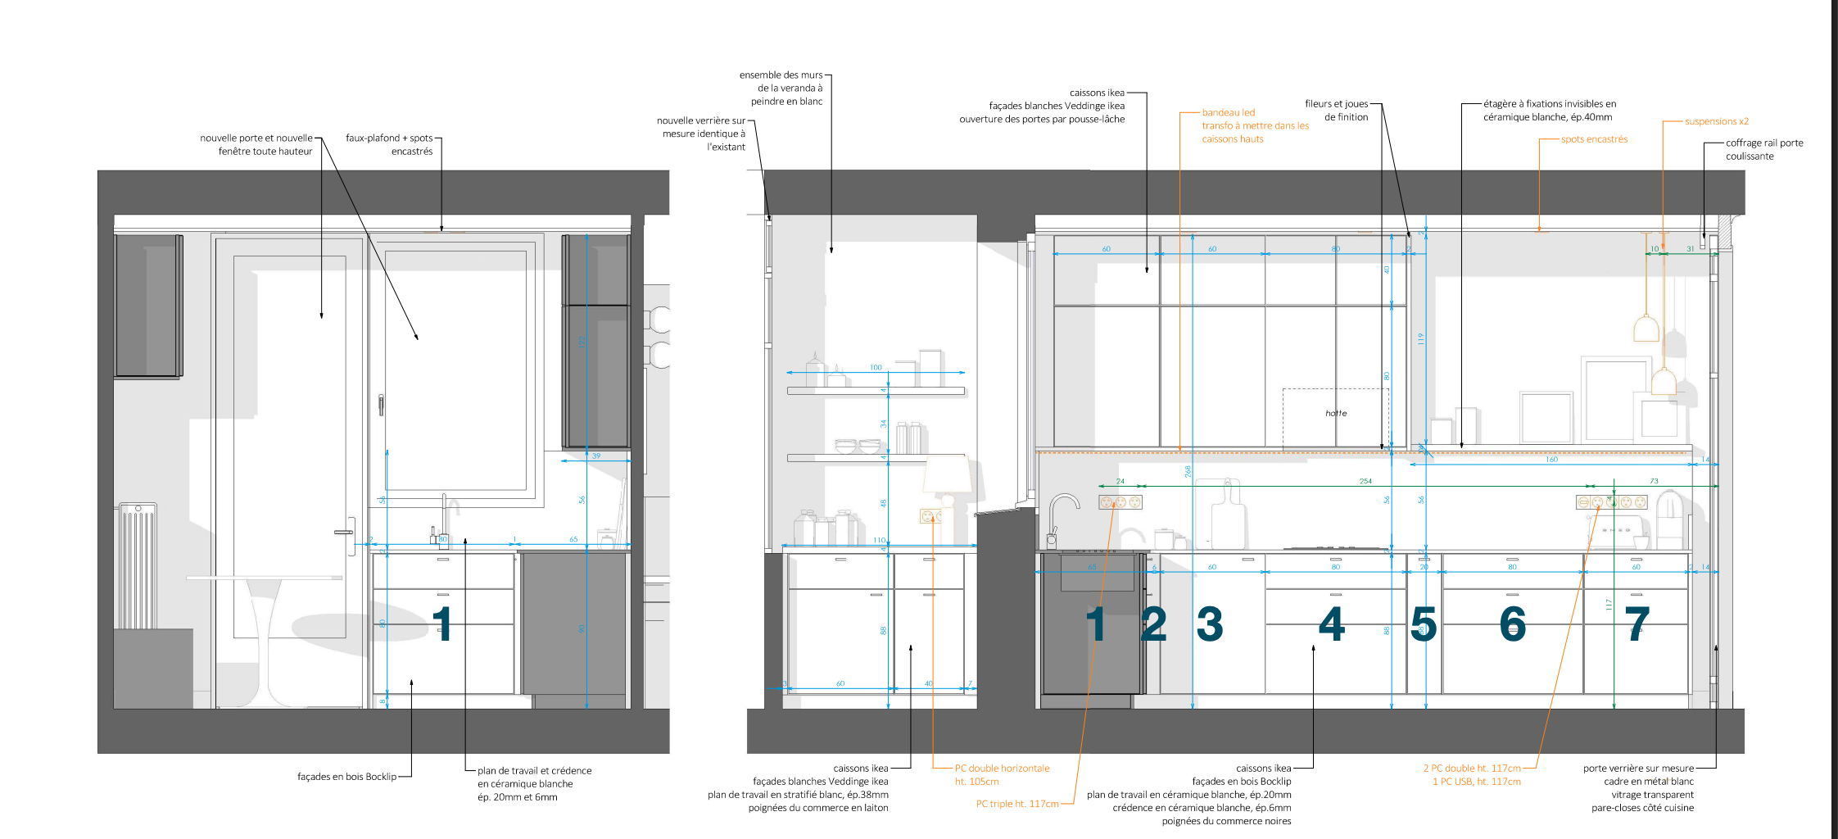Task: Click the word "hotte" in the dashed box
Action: (x=1336, y=413)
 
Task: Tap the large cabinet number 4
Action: (x=1332, y=624)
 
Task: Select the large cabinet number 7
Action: (x=1637, y=624)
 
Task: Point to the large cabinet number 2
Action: (x=1154, y=624)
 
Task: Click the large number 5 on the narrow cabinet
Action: (x=1424, y=624)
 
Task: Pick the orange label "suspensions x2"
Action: (x=1716, y=121)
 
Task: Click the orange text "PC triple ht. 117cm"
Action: (x=1016, y=804)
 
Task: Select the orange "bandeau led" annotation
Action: (x=1228, y=113)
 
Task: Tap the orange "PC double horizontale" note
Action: (x=1002, y=769)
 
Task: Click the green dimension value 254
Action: (x=1365, y=481)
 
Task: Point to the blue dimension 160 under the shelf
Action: (x=1551, y=460)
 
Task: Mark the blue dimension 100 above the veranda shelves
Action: (x=876, y=368)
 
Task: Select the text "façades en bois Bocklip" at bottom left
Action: (x=346, y=777)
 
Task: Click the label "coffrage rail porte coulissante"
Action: (x=1763, y=149)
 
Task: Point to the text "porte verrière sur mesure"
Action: (x=1638, y=769)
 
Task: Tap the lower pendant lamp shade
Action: (x=1663, y=382)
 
